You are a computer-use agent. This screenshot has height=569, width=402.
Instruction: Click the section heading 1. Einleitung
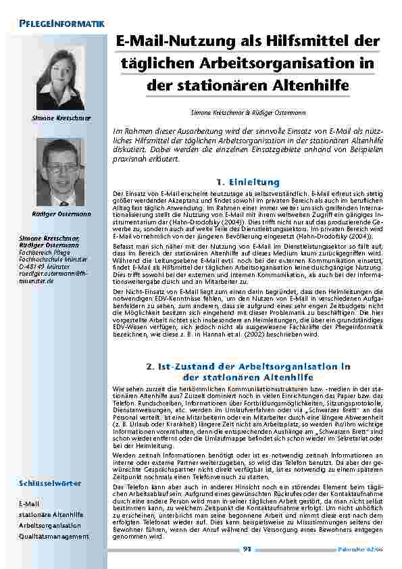pyautogui.click(x=247, y=182)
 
